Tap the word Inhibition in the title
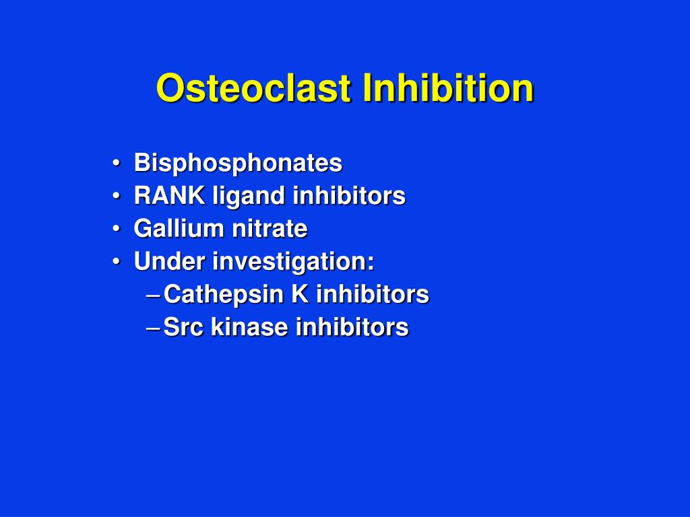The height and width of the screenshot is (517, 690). click(447, 88)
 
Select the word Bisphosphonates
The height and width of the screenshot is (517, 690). click(238, 163)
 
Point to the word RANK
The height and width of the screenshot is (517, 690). click(170, 196)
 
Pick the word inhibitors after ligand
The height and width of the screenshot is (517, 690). click(349, 196)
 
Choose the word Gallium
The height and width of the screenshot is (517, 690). click(179, 229)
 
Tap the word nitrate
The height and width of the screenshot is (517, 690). click(270, 229)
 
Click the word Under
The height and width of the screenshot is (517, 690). click(170, 261)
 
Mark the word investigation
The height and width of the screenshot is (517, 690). click(293, 262)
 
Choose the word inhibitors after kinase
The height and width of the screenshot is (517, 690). click(352, 327)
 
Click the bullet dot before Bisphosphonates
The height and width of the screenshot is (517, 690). click(117, 164)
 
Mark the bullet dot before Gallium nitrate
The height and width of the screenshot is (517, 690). click(117, 230)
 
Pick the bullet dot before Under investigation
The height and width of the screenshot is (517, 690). click(117, 262)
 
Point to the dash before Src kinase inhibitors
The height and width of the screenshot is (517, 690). click(153, 328)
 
